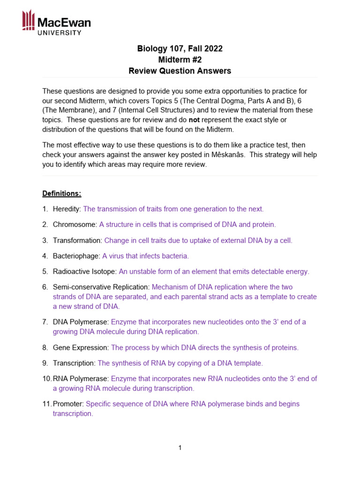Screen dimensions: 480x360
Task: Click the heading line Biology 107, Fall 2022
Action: [180, 49]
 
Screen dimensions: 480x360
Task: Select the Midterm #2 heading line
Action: [180, 60]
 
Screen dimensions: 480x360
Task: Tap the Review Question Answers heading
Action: [180, 71]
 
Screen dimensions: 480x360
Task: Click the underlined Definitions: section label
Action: [62, 193]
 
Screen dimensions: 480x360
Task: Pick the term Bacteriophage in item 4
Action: [76, 256]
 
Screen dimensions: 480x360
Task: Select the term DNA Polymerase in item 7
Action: [81, 322]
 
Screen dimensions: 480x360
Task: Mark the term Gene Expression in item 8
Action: [81, 348]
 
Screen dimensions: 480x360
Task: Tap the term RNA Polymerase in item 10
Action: [81, 379]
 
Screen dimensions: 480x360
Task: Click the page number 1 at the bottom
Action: [180, 448]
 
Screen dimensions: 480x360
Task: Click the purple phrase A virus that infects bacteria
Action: [145, 256]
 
